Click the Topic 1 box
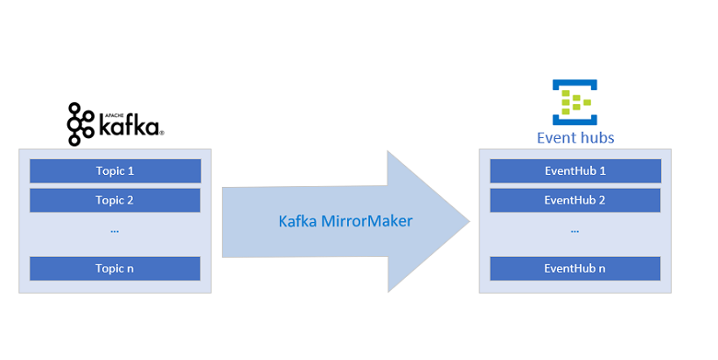(x=115, y=170)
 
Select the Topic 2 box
(x=115, y=200)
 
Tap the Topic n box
(x=115, y=269)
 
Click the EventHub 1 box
(x=574, y=170)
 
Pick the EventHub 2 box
(x=574, y=200)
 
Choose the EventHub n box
(x=574, y=269)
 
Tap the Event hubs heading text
(x=575, y=138)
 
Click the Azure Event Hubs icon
(x=575, y=102)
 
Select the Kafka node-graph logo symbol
(x=81, y=124)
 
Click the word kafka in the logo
(x=128, y=126)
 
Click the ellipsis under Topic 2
(x=115, y=231)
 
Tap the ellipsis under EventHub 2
(x=574, y=231)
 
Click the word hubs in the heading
(x=596, y=138)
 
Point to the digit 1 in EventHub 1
(x=602, y=170)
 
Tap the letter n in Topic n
(x=130, y=269)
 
